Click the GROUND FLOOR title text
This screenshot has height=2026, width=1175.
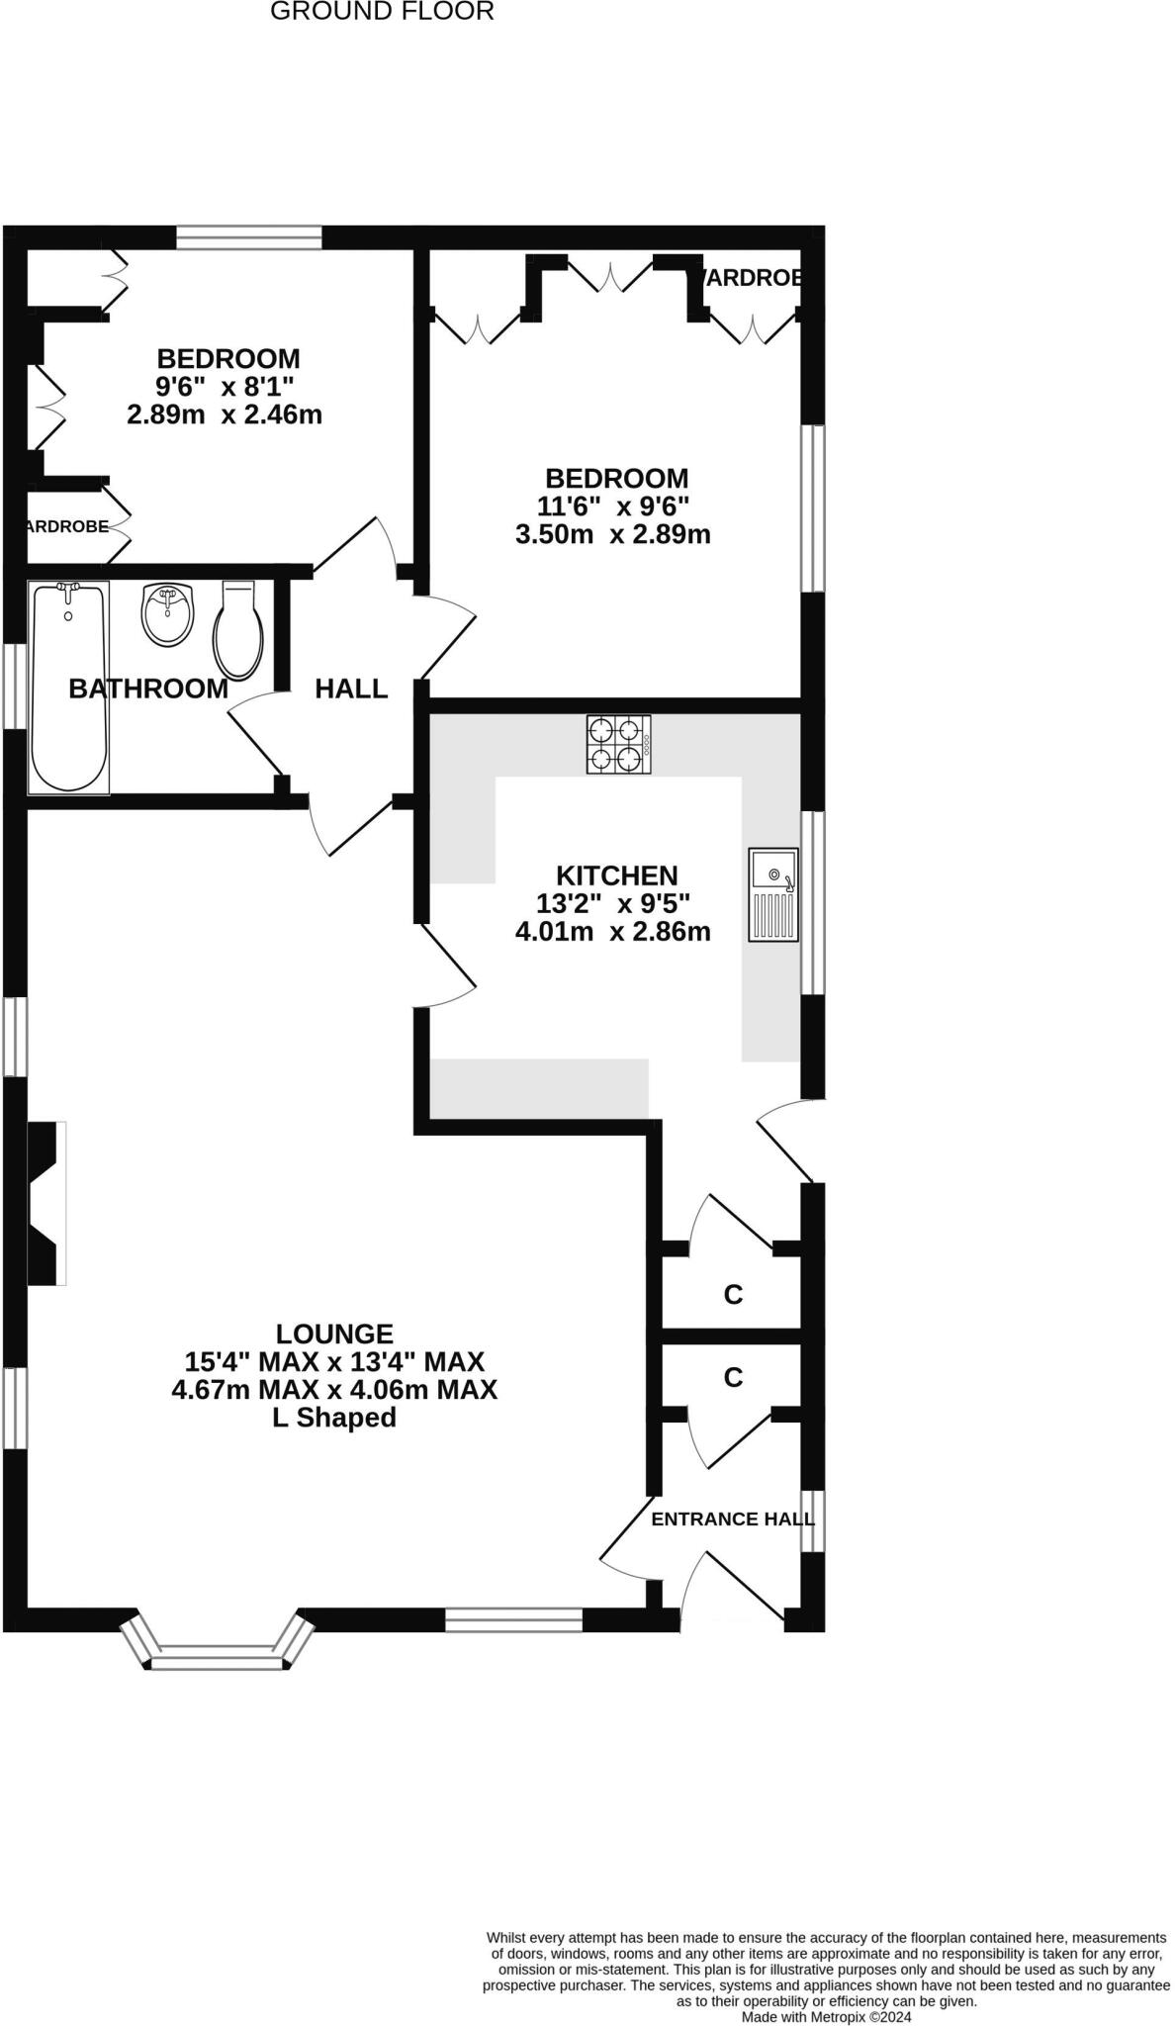point(382,12)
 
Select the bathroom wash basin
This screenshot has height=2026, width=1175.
point(168,613)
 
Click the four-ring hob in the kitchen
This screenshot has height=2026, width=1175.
point(618,745)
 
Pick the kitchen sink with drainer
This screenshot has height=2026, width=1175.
point(773,893)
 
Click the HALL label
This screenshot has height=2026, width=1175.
point(351,689)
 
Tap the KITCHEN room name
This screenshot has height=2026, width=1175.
point(616,875)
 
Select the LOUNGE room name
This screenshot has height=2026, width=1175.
point(334,1334)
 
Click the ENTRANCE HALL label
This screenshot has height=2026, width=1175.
point(732,1519)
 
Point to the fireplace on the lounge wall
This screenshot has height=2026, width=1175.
point(45,1203)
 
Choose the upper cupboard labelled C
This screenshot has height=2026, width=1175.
point(733,1294)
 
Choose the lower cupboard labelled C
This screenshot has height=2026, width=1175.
point(733,1377)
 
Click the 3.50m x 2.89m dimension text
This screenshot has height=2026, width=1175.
point(613,535)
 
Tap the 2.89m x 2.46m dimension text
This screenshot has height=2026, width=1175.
point(225,414)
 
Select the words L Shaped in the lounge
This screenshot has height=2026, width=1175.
point(334,1418)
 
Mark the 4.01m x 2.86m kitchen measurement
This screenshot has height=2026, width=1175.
point(613,931)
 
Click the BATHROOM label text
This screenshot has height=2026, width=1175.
point(148,689)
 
